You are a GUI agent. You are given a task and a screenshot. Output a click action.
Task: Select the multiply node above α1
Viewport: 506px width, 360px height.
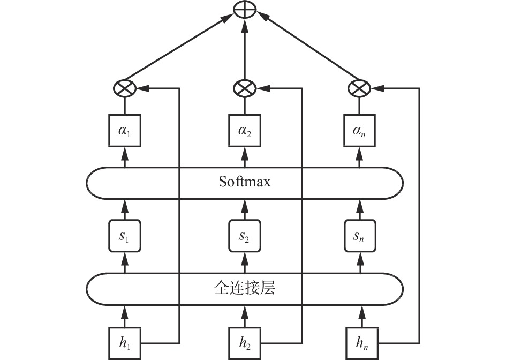[125, 88]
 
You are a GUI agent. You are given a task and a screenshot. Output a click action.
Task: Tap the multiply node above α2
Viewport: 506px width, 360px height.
[245, 88]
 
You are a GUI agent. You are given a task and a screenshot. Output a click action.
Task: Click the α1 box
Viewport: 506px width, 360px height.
[125, 130]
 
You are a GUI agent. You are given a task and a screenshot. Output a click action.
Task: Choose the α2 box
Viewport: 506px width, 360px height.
[245, 130]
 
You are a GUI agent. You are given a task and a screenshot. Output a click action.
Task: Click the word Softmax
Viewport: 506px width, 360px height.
[245, 182]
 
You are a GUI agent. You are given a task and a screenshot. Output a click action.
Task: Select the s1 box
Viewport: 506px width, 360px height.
[125, 235]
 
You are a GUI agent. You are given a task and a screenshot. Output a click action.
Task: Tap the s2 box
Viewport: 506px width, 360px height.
[245, 235]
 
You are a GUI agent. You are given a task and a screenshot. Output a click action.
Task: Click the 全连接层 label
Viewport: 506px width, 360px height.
[245, 288]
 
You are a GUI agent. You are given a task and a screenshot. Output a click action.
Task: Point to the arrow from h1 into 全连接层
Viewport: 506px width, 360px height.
[125, 314]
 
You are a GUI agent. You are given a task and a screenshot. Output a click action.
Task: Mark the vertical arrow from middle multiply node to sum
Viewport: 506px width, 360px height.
[245, 51]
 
